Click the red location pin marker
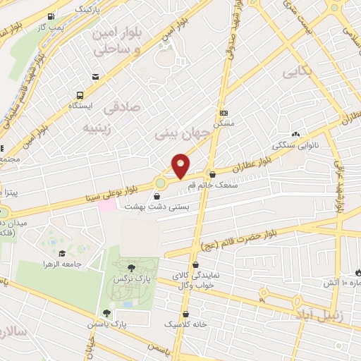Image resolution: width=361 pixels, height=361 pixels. [x=181, y=165]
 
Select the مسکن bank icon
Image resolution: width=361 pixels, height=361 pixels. [x=224, y=113]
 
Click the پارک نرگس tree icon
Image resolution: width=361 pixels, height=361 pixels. [x=131, y=267]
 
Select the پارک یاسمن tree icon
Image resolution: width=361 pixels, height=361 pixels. [x=107, y=313]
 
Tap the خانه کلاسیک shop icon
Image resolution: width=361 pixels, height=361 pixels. [x=186, y=314]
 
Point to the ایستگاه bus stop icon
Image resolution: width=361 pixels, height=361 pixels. [x=80, y=94]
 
